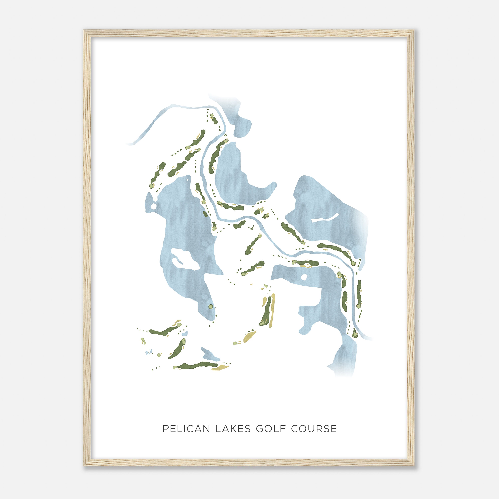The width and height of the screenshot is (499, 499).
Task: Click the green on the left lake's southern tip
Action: (x=211, y=307)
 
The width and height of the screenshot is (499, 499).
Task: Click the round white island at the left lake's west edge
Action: (x=153, y=206)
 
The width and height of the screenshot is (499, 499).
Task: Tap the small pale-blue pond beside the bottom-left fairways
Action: (x=184, y=334)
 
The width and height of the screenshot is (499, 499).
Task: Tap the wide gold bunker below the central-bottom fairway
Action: (x=249, y=336)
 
